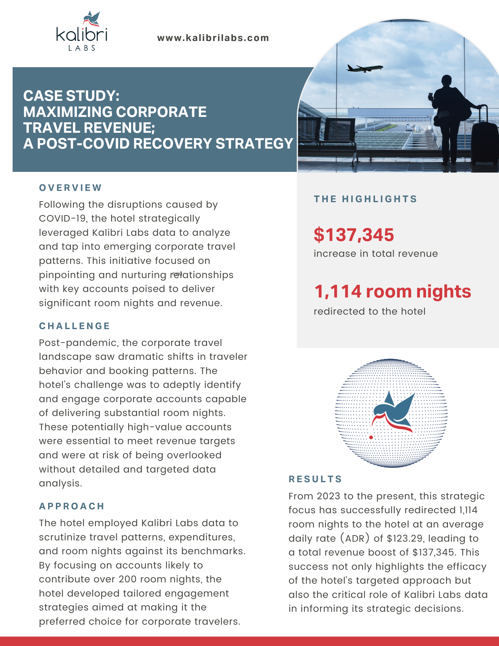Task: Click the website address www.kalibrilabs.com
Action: [x=213, y=38]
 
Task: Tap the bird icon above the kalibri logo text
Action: [x=91, y=19]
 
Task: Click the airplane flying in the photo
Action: [x=364, y=68]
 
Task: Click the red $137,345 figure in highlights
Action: [x=354, y=235]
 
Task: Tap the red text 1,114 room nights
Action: [x=392, y=291]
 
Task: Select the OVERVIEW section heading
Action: [x=70, y=188]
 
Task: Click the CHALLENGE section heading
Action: [x=75, y=326]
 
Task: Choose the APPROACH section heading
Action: [x=72, y=506]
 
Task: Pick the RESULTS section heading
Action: [x=315, y=479]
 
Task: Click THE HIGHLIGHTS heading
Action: [x=365, y=199]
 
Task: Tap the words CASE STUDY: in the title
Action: [x=71, y=96]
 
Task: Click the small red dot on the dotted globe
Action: [x=371, y=437]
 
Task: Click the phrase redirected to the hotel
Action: [x=369, y=311]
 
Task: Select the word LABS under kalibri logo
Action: [x=82, y=48]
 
